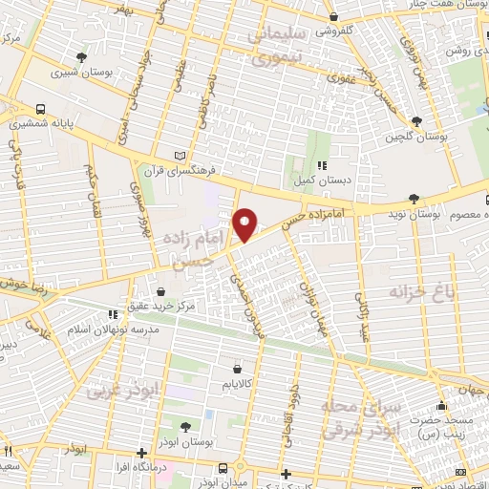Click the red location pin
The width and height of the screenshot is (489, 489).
pyautogui.click(x=245, y=224)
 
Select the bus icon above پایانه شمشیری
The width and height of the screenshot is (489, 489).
pyautogui.click(x=41, y=109)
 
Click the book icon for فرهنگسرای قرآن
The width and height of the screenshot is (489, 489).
pyautogui.click(x=182, y=155)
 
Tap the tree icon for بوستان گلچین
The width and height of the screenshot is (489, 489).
pyautogui.click(x=416, y=121)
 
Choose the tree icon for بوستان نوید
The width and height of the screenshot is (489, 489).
pyautogui.click(x=413, y=198)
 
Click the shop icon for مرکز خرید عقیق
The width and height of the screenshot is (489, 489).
pyautogui.click(x=160, y=291)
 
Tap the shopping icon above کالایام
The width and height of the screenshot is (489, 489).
pyautogui.click(x=236, y=368)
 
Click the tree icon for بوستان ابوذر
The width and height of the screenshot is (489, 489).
pyautogui.click(x=184, y=426)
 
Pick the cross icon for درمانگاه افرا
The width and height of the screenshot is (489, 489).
pyautogui.click(x=141, y=453)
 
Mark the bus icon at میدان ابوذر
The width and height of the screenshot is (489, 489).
pyautogui.click(x=223, y=467)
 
